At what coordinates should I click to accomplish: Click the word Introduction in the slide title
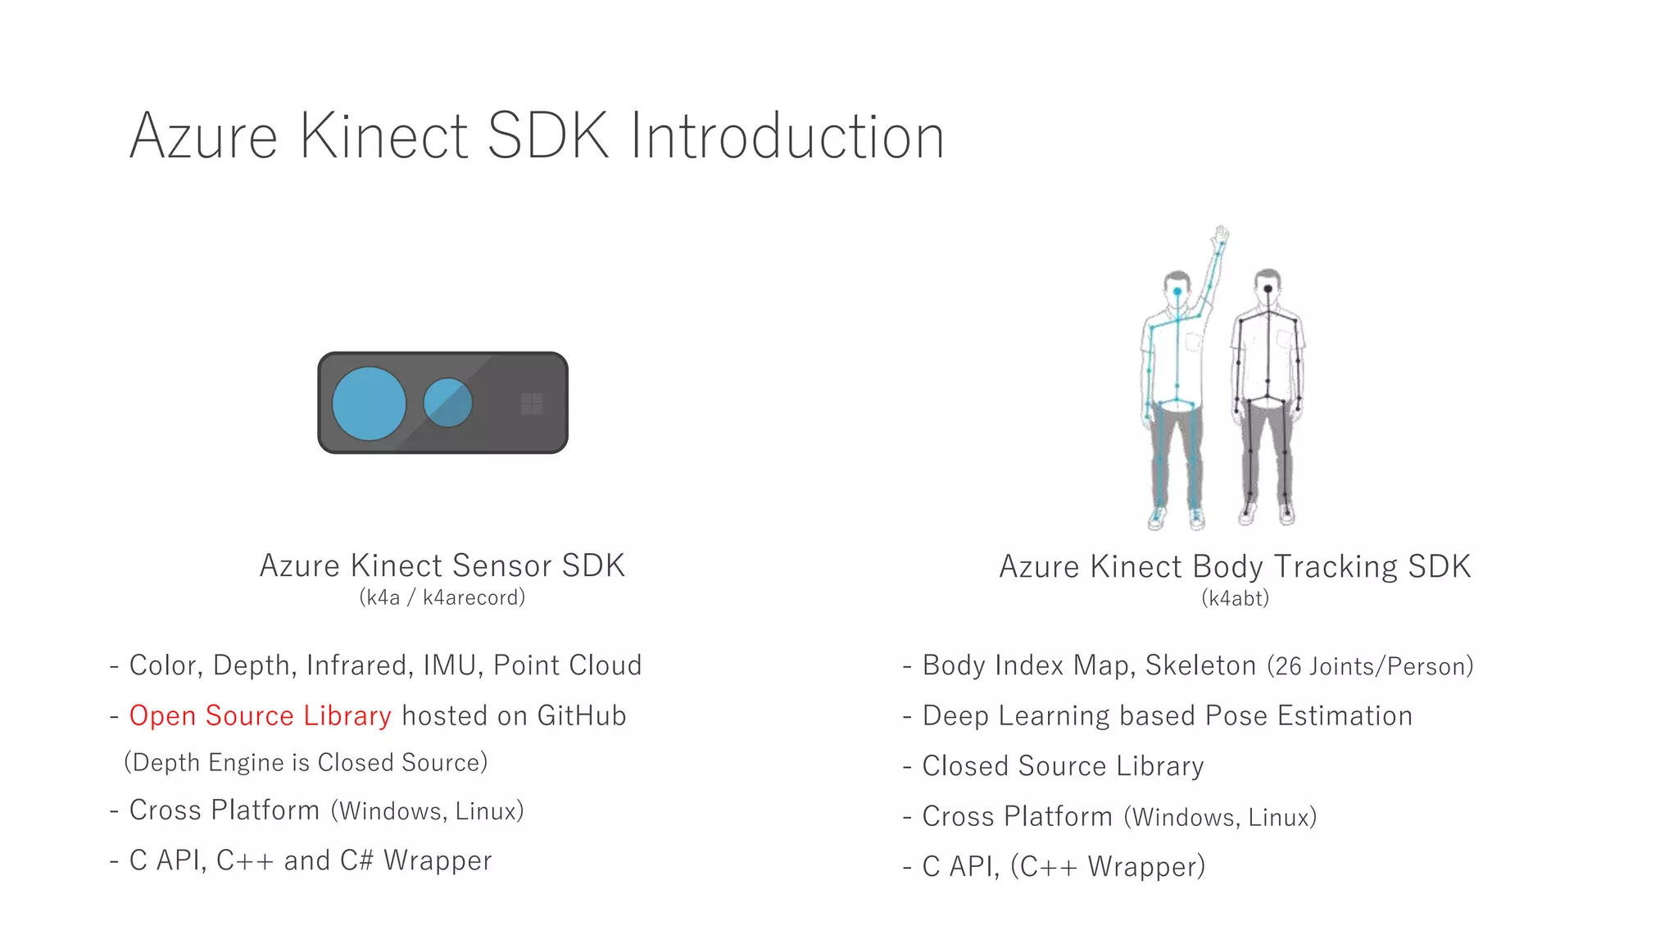tap(787, 136)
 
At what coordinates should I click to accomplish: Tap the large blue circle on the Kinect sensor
tap(369, 403)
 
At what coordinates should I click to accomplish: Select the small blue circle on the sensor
tap(447, 402)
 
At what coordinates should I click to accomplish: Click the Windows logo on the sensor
tap(532, 403)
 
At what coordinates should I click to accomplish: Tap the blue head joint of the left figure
tap(1177, 292)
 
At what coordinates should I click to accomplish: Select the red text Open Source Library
tap(260, 715)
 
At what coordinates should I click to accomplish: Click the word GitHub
tap(582, 715)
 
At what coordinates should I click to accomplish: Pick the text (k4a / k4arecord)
tap(442, 597)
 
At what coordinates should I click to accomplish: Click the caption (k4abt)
tap(1235, 598)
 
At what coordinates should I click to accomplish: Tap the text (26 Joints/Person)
tap(1370, 666)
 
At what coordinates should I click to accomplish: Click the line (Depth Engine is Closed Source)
tap(306, 763)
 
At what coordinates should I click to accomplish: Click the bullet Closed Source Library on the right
tap(1063, 766)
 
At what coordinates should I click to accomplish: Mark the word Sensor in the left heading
tap(502, 565)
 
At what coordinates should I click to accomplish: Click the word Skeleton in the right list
tap(1200, 665)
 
